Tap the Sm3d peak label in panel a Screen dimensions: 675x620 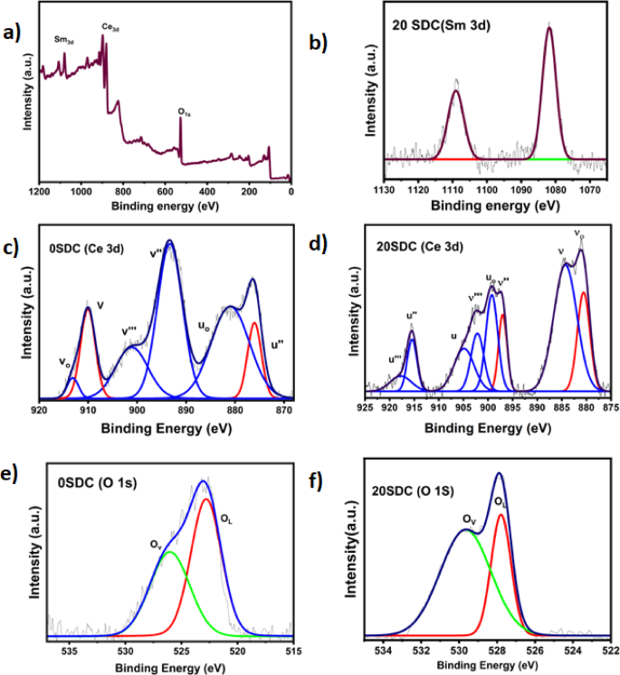[x=64, y=41]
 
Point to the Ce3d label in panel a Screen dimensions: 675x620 [x=111, y=29]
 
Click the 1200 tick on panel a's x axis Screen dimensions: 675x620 [x=39, y=192]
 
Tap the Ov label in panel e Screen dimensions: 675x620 [x=156, y=545]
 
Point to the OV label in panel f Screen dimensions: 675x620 [x=468, y=519]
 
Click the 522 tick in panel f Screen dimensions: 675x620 [x=612, y=649]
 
